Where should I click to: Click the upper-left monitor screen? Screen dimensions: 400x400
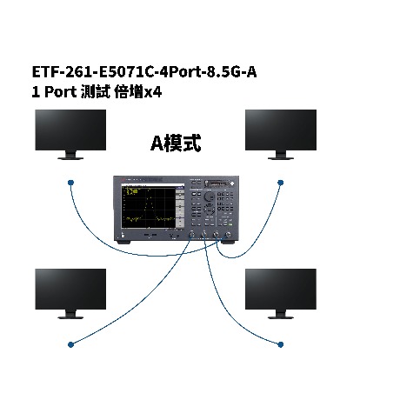(70, 130)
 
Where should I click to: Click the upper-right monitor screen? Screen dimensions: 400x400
(281, 130)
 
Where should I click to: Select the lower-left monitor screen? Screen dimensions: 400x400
(70, 289)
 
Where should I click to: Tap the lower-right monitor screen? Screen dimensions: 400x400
(281, 289)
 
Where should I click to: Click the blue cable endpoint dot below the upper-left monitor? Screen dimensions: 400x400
(70, 183)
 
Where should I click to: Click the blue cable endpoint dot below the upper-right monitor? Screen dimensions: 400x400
(280, 183)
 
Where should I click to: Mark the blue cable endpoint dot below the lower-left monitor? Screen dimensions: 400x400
(70, 344)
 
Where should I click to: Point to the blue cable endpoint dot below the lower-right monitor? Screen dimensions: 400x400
(280, 344)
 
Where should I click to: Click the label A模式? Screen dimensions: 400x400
(176, 143)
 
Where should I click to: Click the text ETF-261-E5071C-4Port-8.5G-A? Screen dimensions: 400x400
(144, 72)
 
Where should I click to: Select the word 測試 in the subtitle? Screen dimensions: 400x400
(96, 92)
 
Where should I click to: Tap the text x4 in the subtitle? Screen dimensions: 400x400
(153, 92)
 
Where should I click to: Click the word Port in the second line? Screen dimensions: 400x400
(61, 92)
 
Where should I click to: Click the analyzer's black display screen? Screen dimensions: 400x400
(149, 207)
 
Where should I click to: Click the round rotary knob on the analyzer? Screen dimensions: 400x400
(209, 197)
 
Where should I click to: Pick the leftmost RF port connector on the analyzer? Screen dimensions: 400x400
(191, 235)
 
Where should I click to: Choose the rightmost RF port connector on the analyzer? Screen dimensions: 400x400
(228, 235)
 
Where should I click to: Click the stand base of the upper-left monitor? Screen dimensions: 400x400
(70, 158)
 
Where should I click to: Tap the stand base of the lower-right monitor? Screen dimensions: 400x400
(281, 317)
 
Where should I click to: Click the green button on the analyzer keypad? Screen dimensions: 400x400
(230, 224)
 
